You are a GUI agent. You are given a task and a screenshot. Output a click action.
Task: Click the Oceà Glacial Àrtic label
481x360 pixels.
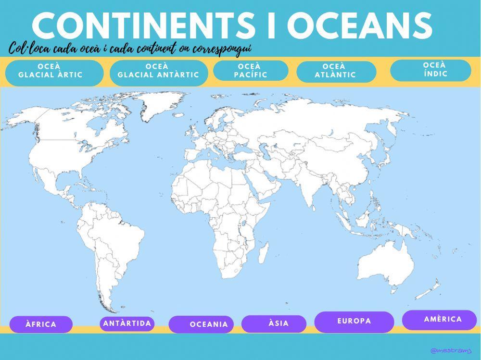point(54,73)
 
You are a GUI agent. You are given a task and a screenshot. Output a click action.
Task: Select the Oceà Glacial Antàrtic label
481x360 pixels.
point(159,73)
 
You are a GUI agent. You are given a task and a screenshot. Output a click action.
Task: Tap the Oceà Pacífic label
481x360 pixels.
point(251,71)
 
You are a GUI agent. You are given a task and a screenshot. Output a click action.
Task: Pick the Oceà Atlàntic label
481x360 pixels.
point(336,72)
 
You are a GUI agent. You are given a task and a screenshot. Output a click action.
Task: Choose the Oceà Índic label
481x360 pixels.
point(430,70)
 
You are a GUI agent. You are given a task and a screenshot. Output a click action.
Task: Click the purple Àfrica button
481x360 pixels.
point(41,324)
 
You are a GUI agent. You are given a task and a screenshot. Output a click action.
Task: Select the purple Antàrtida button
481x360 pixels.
point(127,323)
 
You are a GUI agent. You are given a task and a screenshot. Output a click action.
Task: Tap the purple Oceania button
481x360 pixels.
point(201,324)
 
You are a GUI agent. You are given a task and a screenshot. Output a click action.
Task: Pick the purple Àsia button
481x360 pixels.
point(274,323)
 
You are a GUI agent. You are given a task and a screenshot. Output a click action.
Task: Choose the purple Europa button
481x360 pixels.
point(354,322)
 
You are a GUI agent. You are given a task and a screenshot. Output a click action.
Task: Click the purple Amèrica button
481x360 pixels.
point(439,320)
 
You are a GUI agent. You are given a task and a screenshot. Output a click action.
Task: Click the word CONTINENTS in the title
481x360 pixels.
point(142,26)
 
